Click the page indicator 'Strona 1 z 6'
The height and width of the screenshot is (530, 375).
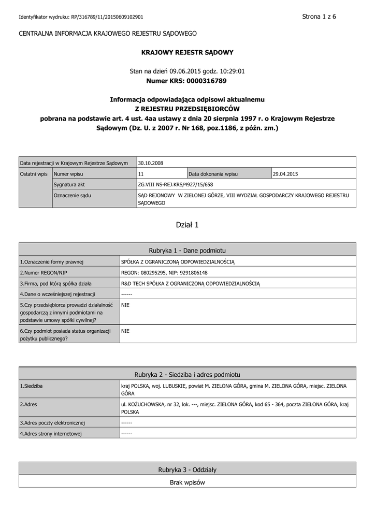tap(319, 17)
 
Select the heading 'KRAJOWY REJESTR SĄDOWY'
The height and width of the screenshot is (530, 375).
tap(187, 52)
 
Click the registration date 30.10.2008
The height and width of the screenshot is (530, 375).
tap(151, 163)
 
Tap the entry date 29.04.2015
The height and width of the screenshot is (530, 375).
tap(286, 174)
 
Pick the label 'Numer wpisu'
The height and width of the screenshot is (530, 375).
tap(69, 174)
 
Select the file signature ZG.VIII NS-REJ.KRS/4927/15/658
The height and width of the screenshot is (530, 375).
tap(176, 184)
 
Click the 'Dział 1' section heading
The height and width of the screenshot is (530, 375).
tap(187, 225)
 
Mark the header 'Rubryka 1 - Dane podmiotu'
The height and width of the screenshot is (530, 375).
tap(187, 250)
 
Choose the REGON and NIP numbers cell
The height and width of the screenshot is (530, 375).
tap(164, 272)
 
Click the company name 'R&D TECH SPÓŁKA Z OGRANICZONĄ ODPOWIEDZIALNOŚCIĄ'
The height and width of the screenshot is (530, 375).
tap(190, 283)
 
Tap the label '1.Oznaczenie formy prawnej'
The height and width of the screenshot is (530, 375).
tap(52, 262)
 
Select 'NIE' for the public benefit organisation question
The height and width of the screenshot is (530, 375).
tap(125, 331)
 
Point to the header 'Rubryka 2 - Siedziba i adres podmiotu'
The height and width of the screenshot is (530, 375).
tap(187, 374)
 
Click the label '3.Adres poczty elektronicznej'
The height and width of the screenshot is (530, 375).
tap(52, 423)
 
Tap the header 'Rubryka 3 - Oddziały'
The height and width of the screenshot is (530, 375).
tap(187, 469)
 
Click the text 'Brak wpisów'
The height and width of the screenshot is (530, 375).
tap(187, 482)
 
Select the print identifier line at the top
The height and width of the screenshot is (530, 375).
tap(81, 17)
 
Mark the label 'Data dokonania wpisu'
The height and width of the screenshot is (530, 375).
tap(213, 174)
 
